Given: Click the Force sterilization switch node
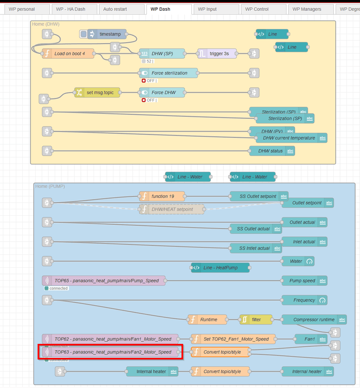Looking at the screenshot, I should point(169,73).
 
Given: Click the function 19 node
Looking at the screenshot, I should point(162,196).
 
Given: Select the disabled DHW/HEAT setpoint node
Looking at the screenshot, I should point(172,209).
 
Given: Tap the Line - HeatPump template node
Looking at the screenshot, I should point(220,267).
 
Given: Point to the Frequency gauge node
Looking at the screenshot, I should point(305,300).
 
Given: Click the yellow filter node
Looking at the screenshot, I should point(256,320).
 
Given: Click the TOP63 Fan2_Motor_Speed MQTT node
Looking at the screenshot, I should point(110,352).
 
